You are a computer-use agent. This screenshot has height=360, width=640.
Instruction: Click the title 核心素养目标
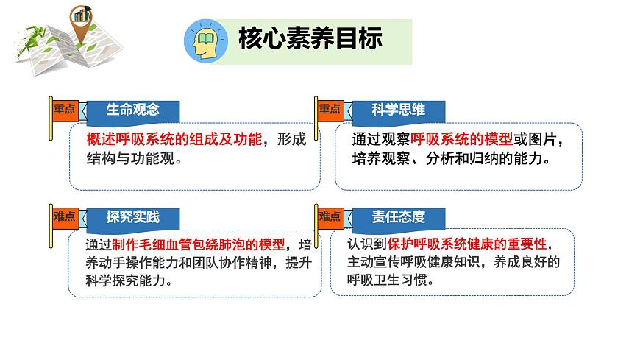point(310,39)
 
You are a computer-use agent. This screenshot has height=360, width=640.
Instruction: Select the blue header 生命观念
point(132,110)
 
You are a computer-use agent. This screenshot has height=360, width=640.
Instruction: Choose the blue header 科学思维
point(397,110)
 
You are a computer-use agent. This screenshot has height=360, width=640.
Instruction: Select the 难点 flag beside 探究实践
point(65,216)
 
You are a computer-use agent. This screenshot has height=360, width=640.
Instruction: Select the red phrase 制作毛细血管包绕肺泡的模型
point(199,245)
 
